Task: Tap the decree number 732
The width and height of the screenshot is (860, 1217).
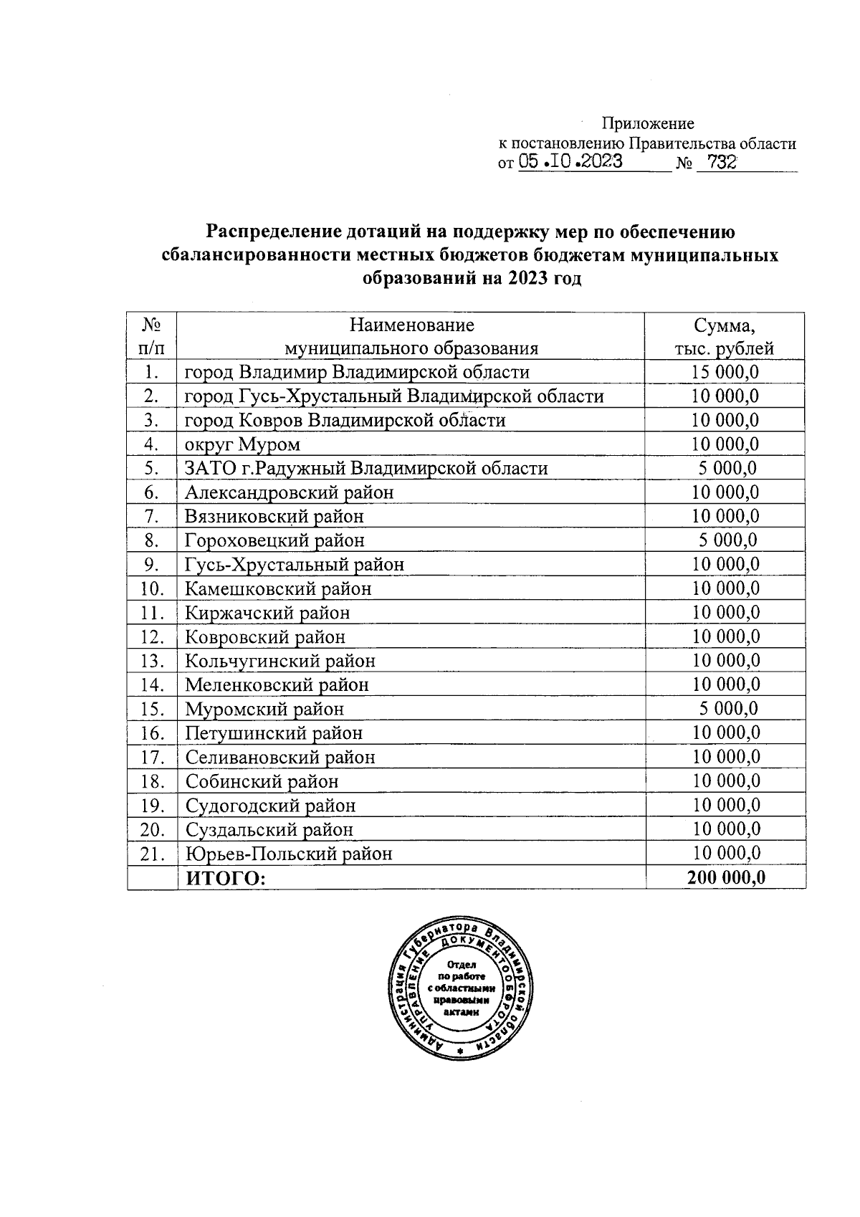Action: click(x=720, y=163)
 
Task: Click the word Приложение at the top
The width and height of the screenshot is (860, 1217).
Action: click(x=647, y=123)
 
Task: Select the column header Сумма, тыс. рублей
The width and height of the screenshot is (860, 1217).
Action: click(x=724, y=337)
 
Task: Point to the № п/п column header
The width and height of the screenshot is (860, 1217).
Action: click(x=151, y=337)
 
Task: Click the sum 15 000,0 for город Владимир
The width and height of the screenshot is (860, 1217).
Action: click(x=725, y=372)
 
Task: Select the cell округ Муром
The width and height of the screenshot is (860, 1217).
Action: click(x=242, y=444)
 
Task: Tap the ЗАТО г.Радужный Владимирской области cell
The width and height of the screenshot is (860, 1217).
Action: click(x=365, y=469)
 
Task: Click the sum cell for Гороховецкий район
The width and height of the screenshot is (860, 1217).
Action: click(x=727, y=540)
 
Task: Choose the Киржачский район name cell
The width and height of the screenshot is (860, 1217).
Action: click(x=267, y=613)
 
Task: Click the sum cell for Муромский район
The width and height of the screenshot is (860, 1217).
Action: click(x=727, y=709)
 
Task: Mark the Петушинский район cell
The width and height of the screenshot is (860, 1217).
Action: click(x=274, y=733)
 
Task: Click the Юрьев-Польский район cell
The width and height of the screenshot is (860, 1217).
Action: click(x=289, y=854)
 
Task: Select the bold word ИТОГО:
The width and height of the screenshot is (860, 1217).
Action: click(x=225, y=878)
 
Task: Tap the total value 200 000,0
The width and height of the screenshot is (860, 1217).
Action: click(x=726, y=877)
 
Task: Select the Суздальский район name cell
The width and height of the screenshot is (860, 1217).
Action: click(x=269, y=829)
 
